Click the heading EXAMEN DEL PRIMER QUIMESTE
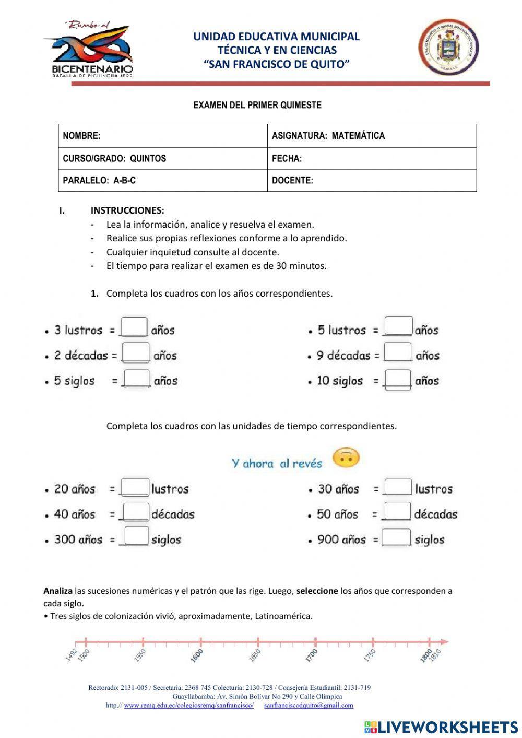point(257,105)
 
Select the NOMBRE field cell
point(162,136)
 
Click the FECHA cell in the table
point(372,159)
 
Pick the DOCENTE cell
point(372,181)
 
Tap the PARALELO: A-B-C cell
point(162,181)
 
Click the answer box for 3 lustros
point(134,327)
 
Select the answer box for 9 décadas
point(398,353)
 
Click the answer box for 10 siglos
point(398,379)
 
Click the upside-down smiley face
point(346,458)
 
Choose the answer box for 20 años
point(135,487)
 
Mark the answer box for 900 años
point(397,537)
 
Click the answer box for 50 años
point(397,512)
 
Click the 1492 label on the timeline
point(72,655)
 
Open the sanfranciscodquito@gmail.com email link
point(309,705)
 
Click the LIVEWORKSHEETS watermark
point(441,727)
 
